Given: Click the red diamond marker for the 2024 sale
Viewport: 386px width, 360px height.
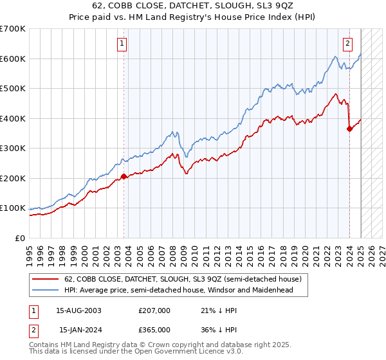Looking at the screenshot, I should point(349,129).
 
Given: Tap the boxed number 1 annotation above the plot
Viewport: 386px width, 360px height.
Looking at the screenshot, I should point(122,44).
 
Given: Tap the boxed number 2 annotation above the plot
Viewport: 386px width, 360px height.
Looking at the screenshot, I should point(347,44).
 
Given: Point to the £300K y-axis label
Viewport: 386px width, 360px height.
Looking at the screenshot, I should point(13,148).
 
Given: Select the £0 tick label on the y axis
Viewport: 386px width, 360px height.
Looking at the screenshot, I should point(19,238).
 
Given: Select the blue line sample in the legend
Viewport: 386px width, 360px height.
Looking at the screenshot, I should point(46,291).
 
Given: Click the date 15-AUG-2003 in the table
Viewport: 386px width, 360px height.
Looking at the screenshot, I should point(79,310).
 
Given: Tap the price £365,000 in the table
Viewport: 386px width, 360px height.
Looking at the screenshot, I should point(154,329).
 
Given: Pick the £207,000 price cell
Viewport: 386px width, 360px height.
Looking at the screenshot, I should point(154,310).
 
